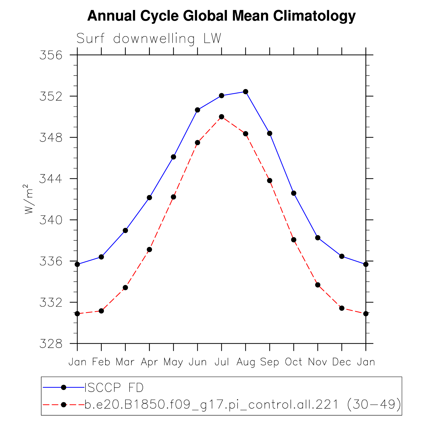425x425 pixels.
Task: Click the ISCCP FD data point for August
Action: click(x=245, y=92)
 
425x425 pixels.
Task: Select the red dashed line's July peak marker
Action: click(x=222, y=117)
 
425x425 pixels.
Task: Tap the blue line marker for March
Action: click(x=125, y=230)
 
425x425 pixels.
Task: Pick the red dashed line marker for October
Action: click(x=294, y=240)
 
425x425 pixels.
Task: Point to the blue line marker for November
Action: click(x=318, y=238)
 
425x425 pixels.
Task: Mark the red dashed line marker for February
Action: click(x=101, y=311)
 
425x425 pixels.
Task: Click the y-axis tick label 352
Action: click(x=51, y=97)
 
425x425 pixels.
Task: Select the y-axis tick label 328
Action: click(x=51, y=344)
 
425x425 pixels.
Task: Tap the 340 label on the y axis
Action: click(x=51, y=220)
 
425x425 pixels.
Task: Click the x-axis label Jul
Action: click(x=222, y=362)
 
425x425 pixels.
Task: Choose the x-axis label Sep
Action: click(x=270, y=362)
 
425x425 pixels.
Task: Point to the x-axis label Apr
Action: click(x=149, y=362)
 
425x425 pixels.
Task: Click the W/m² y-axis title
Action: click(x=29, y=199)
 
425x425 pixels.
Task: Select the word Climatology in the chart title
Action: click(x=314, y=16)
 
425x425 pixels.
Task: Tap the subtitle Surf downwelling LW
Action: click(x=149, y=39)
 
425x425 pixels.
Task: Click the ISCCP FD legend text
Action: click(x=114, y=388)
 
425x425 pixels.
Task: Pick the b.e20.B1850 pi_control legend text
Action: click(x=242, y=404)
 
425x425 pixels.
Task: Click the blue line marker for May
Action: click(x=173, y=157)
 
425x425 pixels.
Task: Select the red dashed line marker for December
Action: click(x=342, y=308)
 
